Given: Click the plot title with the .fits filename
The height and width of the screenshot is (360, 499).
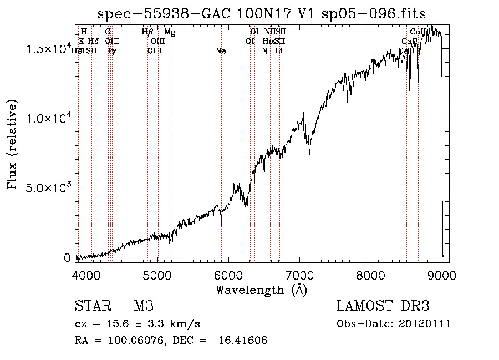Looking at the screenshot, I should point(261,13).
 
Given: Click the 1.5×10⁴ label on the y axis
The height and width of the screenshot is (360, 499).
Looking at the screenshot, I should point(49,49).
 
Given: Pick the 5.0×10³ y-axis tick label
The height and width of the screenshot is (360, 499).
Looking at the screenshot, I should point(49,187).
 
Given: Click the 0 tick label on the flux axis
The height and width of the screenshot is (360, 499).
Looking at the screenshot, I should point(67,257).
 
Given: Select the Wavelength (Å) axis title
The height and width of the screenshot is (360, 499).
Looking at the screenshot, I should point(261,290).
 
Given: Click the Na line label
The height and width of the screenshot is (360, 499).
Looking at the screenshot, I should point(221,51).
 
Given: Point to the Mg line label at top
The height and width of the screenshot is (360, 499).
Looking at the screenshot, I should point(170,32).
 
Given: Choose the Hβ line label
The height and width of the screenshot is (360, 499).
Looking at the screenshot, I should point(147,32).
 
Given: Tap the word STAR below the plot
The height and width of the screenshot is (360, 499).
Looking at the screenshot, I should point(93,307).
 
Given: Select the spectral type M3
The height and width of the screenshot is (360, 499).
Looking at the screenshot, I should point(144,307).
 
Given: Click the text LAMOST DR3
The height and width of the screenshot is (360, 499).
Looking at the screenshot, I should point(383,307).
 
